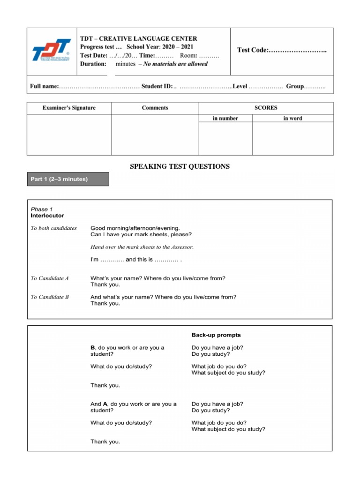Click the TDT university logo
pyautogui.click(x=52, y=50)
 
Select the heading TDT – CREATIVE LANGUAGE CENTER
pyautogui.click(x=138, y=38)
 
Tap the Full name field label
pyautogui.click(x=44, y=87)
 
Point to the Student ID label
pyautogui.click(x=157, y=87)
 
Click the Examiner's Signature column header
pyautogui.click(x=69, y=108)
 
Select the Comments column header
pyautogui.click(x=155, y=108)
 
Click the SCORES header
pyautogui.click(x=266, y=108)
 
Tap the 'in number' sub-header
pyautogui.click(x=225, y=119)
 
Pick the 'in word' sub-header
pyautogui.click(x=292, y=119)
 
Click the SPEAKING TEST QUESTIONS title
pyautogui.click(x=180, y=166)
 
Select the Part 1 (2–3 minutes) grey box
pyautogui.click(x=68, y=179)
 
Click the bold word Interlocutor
pyautogui.click(x=47, y=216)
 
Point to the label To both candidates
pyautogui.click(x=53, y=228)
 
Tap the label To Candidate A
pyautogui.click(x=50, y=278)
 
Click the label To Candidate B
pyautogui.click(x=50, y=297)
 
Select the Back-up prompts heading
pyautogui.click(x=216, y=335)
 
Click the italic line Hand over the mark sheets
pyautogui.click(x=142, y=247)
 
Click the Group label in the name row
pyautogui.click(x=295, y=87)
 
